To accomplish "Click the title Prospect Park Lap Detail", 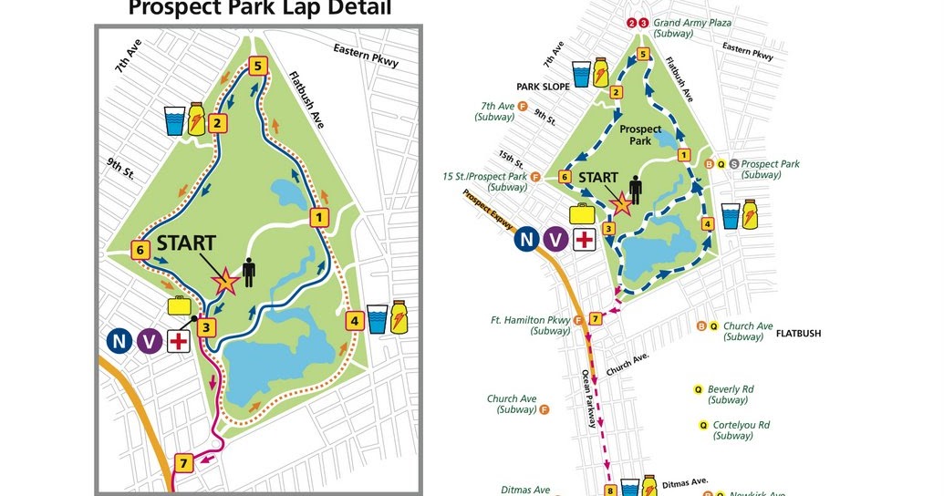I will coord(260,9).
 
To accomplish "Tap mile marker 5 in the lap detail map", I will coord(258,66).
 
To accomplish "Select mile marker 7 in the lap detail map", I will coord(183,463).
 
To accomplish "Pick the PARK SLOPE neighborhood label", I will coord(543,87).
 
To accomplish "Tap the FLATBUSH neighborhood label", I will coord(798,334).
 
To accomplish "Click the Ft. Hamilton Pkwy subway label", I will coord(530,325).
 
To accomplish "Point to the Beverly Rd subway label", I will coord(730,394).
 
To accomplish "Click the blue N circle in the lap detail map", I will coord(119,341).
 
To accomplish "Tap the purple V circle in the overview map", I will coord(555,240).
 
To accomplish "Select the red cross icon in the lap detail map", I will coord(179,341).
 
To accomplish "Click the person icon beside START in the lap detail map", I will coord(248,273).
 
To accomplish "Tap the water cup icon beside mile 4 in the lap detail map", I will coord(378,319).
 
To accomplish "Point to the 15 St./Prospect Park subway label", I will coord(485,181).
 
